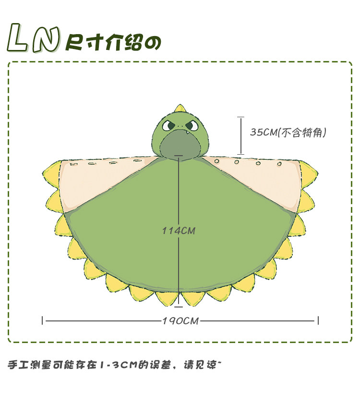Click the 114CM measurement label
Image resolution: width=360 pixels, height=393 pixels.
click(179, 231)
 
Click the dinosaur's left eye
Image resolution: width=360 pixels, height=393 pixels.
click(169, 126)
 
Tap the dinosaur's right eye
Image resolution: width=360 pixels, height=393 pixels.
click(191, 126)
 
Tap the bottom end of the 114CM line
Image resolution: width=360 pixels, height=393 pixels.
click(179, 306)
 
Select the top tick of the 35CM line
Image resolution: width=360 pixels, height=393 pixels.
click(240, 117)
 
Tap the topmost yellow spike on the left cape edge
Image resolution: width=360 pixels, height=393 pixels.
click(50, 170)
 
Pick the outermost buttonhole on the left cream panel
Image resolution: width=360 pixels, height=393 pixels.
click(73, 164)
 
